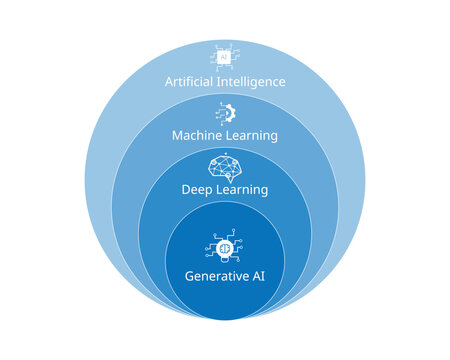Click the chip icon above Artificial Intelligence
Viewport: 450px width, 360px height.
tap(225, 55)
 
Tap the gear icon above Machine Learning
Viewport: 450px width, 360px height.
tap(225, 111)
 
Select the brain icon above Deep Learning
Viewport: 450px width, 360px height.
tap(225, 166)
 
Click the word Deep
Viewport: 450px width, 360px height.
tap(197, 190)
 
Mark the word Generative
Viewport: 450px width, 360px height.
tap(214, 276)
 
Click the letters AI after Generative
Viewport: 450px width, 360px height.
tap(257, 276)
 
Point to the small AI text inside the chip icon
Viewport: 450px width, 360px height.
tap(225, 56)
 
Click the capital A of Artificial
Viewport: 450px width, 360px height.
tap(168, 81)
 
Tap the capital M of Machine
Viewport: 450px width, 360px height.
tap(177, 135)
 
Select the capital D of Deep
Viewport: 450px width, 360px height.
tap(185, 190)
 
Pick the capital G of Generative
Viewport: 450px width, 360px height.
tap(189, 276)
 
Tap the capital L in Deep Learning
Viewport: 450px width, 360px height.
tap(217, 190)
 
